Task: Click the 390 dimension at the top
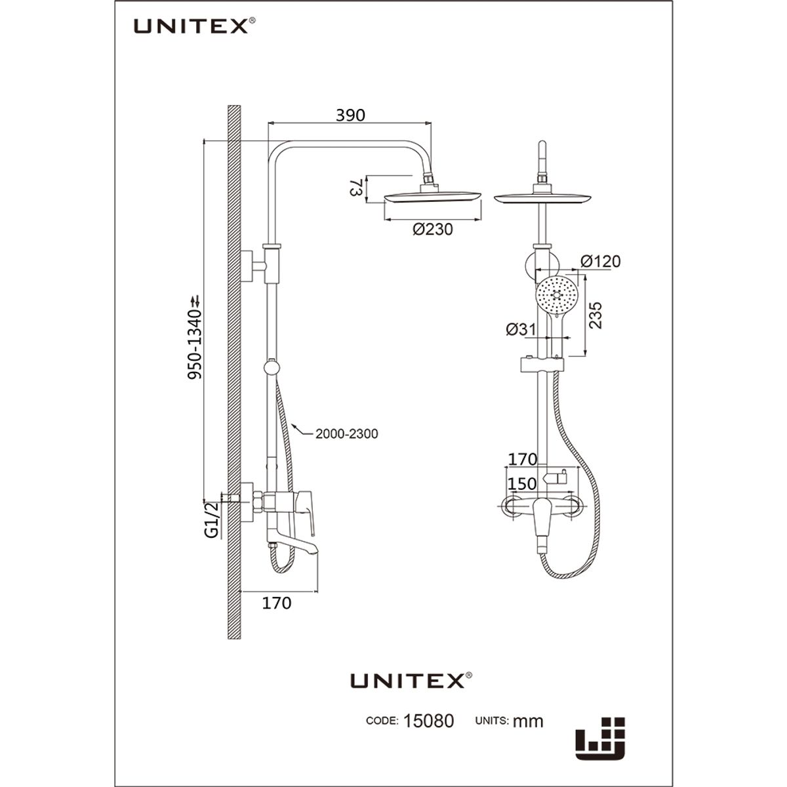(x=350, y=115)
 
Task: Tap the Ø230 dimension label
(x=433, y=230)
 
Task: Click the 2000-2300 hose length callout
(x=346, y=434)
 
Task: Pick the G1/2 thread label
(x=211, y=520)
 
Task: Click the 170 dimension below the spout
(x=276, y=603)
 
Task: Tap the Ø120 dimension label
(x=600, y=262)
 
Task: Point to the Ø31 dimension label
(x=521, y=330)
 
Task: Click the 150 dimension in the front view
(x=522, y=484)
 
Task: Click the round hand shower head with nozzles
(x=556, y=296)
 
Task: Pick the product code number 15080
(x=428, y=721)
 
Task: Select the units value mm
(x=528, y=721)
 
